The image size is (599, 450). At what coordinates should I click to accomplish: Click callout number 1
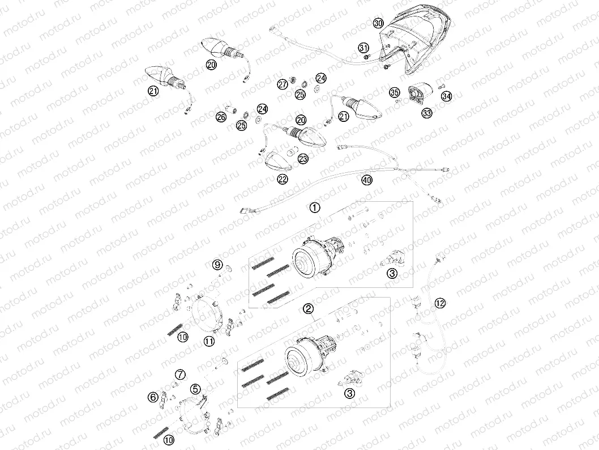tap(314, 207)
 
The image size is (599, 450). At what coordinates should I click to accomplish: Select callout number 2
tap(308, 309)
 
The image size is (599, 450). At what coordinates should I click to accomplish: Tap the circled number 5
tap(195, 389)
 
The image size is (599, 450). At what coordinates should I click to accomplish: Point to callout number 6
tap(153, 397)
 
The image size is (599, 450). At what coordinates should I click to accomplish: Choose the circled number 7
tap(180, 375)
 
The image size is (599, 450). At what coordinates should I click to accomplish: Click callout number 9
tap(217, 265)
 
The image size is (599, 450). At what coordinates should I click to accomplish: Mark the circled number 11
tap(209, 341)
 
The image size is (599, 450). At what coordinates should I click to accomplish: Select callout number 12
tap(440, 303)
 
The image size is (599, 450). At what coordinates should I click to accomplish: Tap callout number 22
tap(282, 179)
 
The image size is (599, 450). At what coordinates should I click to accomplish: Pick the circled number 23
tap(303, 159)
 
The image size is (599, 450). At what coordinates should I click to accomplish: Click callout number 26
tap(221, 117)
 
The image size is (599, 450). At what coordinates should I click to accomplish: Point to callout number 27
tap(283, 84)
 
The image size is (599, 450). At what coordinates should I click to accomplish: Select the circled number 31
tap(363, 48)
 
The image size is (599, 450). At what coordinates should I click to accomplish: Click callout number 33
tap(427, 113)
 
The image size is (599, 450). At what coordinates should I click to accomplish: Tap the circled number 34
tap(447, 96)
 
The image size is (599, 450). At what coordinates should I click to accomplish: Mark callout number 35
tap(395, 92)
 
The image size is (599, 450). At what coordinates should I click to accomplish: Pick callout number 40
tap(367, 180)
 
